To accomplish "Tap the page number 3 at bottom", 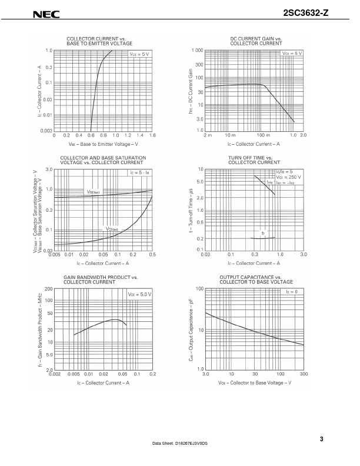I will [322, 438].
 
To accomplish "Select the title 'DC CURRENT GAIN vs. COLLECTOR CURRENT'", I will [255, 41].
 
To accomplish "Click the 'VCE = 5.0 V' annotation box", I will [139, 293].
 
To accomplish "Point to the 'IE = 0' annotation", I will [292, 291].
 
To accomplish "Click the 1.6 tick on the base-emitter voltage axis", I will [152, 135].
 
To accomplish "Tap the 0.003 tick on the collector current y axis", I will [45, 130].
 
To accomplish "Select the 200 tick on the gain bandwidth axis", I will [48, 289].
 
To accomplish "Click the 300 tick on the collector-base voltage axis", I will [304, 374].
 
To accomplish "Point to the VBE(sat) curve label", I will [94, 192].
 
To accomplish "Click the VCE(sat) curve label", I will [112, 229].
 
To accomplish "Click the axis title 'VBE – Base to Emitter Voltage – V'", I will [103, 144].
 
